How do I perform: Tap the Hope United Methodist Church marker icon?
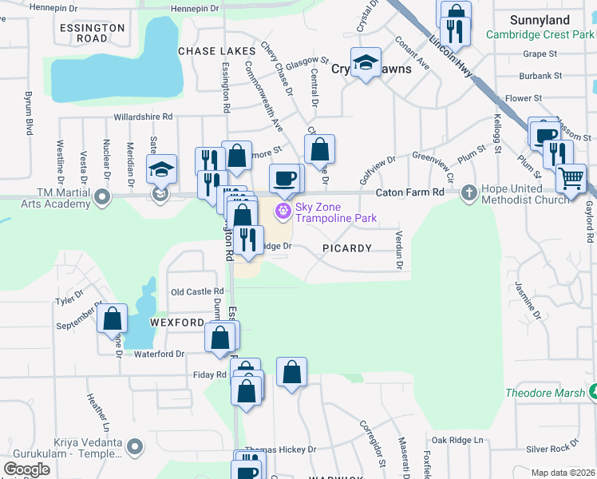pyautogui.click(x=469, y=192)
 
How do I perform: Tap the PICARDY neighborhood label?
pyautogui.click(x=347, y=248)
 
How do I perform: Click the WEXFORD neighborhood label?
pyautogui.click(x=176, y=323)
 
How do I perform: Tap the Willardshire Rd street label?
pyautogui.click(x=143, y=116)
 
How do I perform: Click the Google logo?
pyautogui.click(x=27, y=469)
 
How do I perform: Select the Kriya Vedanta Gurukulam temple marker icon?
pyautogui.click(x=135, y=447)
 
